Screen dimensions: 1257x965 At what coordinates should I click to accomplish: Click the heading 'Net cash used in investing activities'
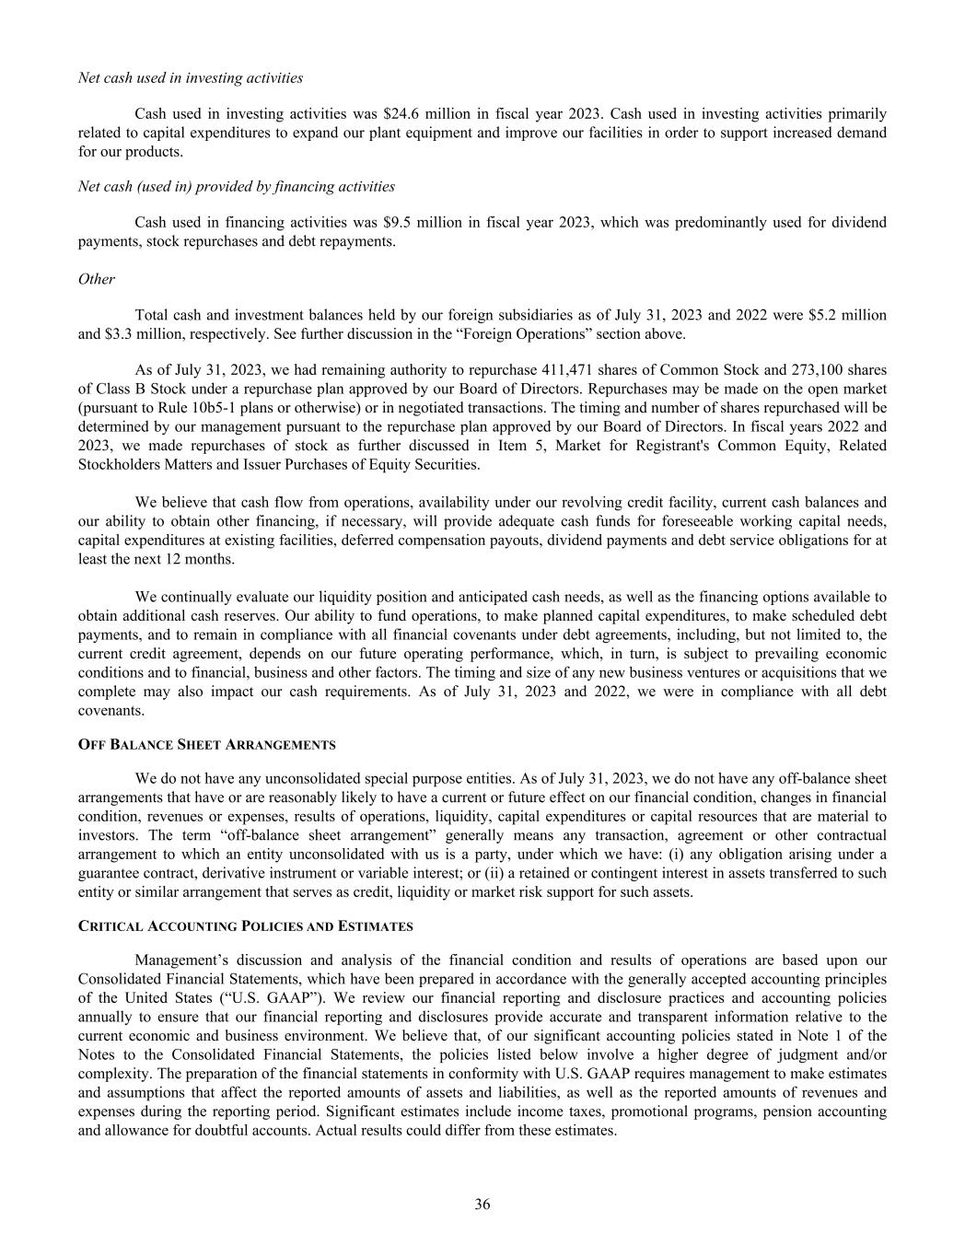(x=191, y=78)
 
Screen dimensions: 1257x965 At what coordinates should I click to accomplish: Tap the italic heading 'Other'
(x=97, y=279)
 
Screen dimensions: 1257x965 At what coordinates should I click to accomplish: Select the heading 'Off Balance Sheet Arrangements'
(x=207, y=744)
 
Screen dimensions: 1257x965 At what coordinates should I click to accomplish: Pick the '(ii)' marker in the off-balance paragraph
(x=483, y=873)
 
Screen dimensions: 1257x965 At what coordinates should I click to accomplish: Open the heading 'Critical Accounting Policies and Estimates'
(x=246, y=925)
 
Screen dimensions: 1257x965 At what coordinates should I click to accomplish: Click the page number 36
(x=482, y=1205)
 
